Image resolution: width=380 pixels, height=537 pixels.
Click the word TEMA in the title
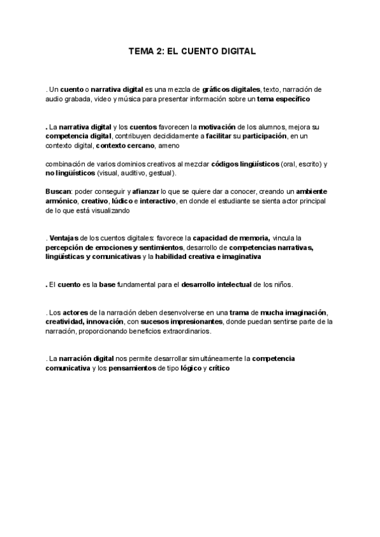[x=141, y=52]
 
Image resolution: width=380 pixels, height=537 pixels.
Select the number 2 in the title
[x=160, y=52]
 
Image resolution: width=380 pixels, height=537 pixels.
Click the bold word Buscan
[x=59, y=191]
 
